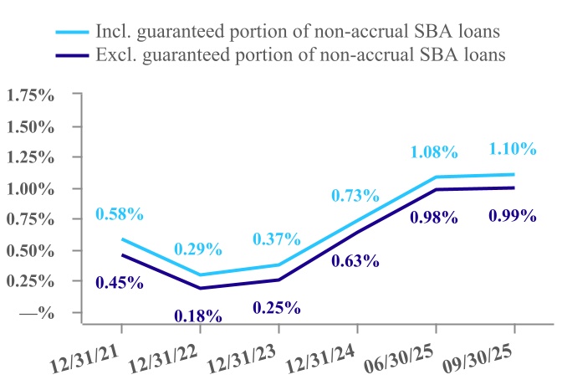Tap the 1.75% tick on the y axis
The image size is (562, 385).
pos(31,95)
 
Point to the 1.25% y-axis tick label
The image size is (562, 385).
pos(31,157)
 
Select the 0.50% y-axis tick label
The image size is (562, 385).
pos(31,250)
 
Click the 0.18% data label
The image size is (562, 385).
pos(198,316)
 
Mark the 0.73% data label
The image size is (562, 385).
pos(356,195)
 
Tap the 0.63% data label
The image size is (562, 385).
pos(356,260)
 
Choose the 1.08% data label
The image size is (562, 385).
pos(434,151)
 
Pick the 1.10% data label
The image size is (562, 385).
pos(512,148)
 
